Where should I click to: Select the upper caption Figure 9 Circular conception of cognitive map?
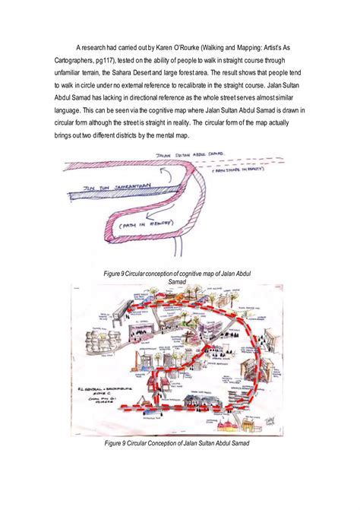pos(179,275)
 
